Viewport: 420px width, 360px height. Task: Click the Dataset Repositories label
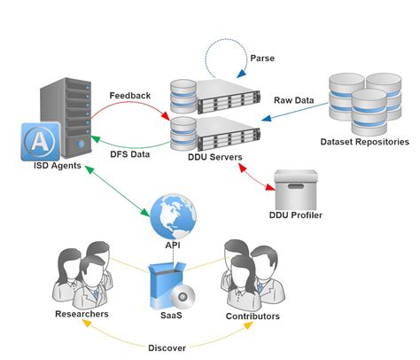coord(364,142)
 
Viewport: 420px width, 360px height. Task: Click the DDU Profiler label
coord(295,215)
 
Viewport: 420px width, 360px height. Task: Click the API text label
coord(172,246)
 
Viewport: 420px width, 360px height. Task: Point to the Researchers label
coord(82,314)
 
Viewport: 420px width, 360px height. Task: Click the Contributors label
coord(253,316)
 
